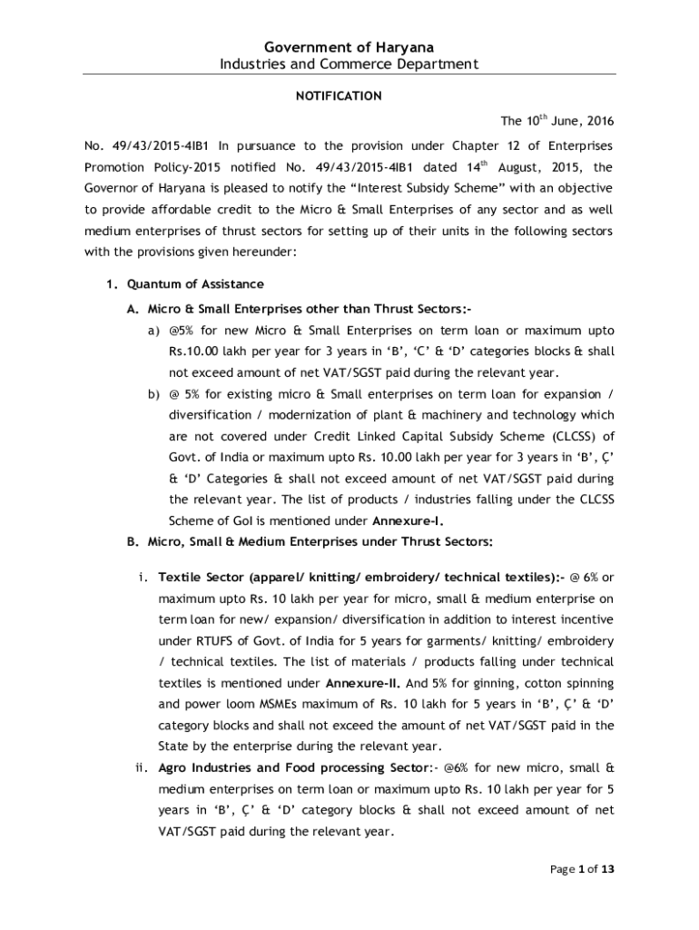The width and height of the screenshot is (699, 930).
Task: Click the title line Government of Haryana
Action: point(349,46)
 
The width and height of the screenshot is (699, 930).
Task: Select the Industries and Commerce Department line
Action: point(349,64)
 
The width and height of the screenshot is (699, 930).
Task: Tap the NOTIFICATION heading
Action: point(349,95)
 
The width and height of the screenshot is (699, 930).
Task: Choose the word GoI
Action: point(241,521)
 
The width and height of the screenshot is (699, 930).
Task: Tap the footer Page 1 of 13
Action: point(583,869)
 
